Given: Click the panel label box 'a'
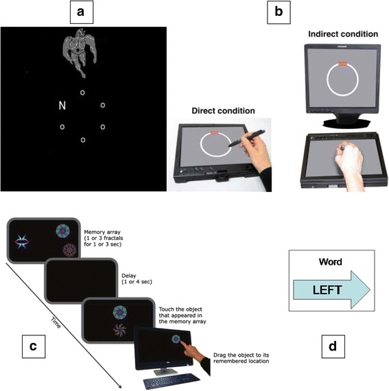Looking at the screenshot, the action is tap(82, 12).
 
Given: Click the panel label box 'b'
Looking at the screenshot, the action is tap(279, 12).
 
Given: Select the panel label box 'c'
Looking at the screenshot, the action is tap(34, 346).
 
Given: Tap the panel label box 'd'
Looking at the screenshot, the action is tap(333, 346).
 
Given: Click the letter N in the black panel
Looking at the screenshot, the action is tap(62, 106).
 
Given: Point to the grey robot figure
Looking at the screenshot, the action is tap(80, 53).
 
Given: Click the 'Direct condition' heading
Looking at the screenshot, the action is tap(223, 110).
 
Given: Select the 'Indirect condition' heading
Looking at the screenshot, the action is tap(343, 34).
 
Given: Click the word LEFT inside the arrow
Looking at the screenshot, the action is tap(327, 290).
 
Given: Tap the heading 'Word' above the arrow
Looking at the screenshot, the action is tap(331, 262).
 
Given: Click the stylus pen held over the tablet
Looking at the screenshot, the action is tap(247, 138).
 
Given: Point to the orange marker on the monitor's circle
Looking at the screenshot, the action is tap(342, 64).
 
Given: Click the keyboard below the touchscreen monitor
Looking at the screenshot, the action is tap(172, 381).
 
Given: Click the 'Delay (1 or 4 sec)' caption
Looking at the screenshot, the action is tap(137, 279).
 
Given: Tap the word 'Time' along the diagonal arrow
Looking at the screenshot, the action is tap(56, 323).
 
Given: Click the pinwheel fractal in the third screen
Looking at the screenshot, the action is tap(119, 330).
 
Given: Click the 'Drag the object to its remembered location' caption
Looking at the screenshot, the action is tap(241, 358).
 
